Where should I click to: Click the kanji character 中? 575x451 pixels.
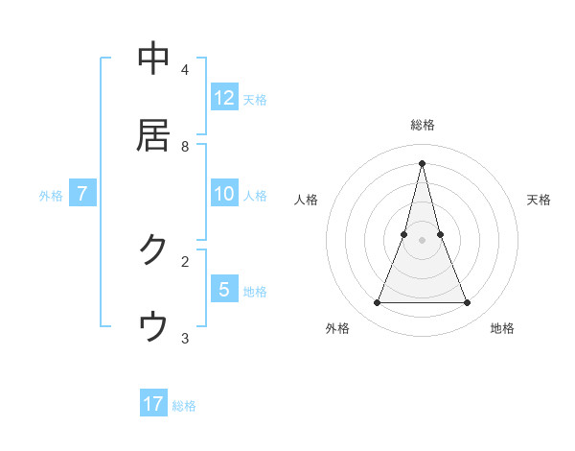coord(153,59)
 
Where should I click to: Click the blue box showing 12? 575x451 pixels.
coord(224,98)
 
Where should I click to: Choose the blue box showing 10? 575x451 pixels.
coord(224,195)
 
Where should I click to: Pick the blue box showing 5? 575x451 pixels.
coord(224,290)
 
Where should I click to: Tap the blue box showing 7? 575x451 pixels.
coord(82,195)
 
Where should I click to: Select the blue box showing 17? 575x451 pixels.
coord(153,404)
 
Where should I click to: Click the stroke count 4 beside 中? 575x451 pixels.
coord(185,70)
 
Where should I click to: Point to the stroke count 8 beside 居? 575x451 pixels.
coord(185,147)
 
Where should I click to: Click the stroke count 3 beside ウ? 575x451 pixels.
coord(185,338)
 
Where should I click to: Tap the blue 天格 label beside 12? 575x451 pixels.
coord(255,100)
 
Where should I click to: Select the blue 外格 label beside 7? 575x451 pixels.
coord(51,196)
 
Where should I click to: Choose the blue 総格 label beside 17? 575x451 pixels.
coord(184,406)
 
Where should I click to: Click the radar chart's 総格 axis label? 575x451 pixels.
coord(423,125)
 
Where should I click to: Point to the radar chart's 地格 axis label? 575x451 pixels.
coord(502,328)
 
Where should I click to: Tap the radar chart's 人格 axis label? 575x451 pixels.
coord(307,200)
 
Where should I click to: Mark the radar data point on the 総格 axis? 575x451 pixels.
coord(423,162)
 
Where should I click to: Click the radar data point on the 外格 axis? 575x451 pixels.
coord(377,303)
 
